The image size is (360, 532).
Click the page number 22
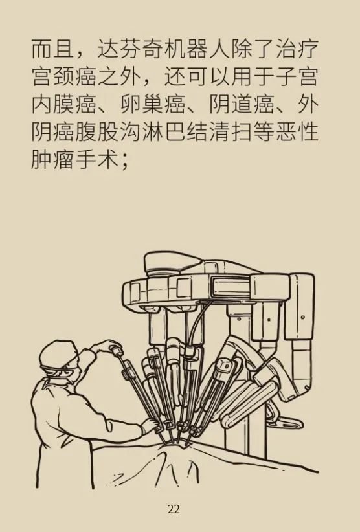pyautogui.click(x=174, y=509)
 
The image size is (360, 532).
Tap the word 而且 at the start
pyautogui.click(x=52, y=49)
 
